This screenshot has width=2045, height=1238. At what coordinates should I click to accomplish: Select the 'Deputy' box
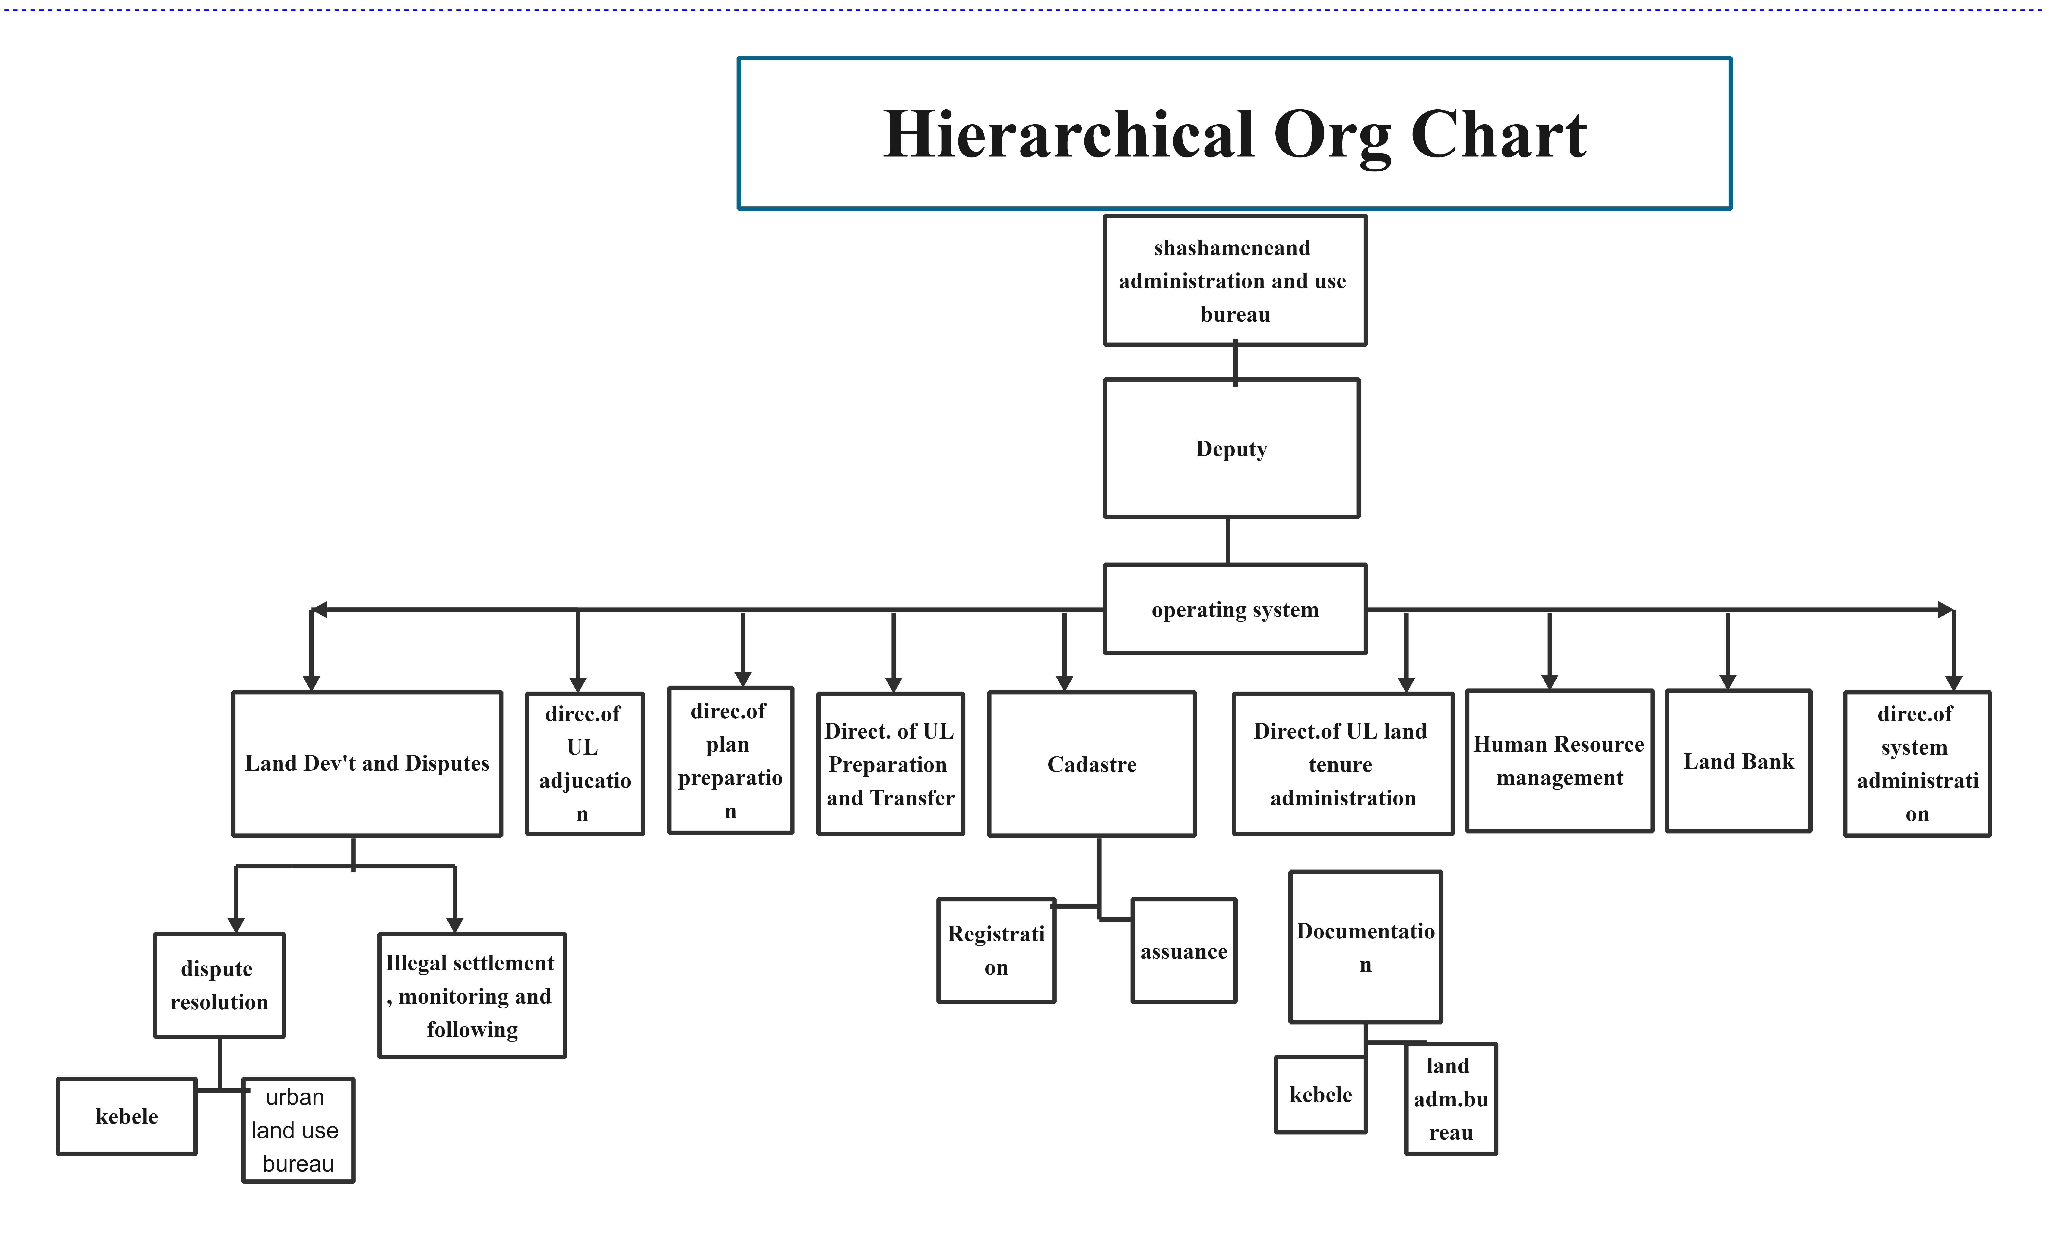pyautogui.click(x=1232, y=448)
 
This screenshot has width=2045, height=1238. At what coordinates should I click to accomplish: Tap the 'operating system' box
pyautogui.click(x=1235, y=609)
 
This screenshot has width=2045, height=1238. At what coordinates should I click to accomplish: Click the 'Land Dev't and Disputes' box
pyautogui.click(x=367, y=763)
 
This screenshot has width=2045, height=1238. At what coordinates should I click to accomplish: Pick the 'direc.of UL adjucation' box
pyautogui.click(x=585, y=763)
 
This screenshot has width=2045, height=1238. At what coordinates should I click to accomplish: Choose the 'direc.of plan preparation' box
pyautogui.click(x=730, y=760)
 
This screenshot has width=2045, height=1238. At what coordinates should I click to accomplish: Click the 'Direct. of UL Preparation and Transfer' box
pyautogui.click(x=891, y=763)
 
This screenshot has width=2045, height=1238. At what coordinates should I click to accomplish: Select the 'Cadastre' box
pyautogui.click(x=1092, y=763)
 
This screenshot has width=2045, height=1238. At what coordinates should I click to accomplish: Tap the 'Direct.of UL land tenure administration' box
pyautogui.click(x=1343, y=763)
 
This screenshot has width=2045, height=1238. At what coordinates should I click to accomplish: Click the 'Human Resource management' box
pyautogui.click(x=1560, y=760)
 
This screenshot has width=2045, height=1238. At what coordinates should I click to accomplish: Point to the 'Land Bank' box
pyautogui.click(x=1739, y=760)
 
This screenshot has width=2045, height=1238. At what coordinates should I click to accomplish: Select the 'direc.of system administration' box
pyautogui.click(x=1917, y=763)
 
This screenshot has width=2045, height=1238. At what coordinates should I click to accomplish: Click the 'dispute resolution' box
pyautogui.click(x=219, y=985)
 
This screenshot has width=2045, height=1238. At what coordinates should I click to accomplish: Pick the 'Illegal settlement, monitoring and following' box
pyautogui.click(x=472, y=995)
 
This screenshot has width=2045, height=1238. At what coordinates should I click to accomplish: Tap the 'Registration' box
pyautogui.click(x=996, y=950)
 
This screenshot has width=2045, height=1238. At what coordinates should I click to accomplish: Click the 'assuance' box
pyautogui.click(x=1183, y=950)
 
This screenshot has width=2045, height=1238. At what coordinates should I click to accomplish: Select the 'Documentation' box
pyautogui.click(x=1365, y=947)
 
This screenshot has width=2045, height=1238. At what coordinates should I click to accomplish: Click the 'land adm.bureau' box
pyautogui.click(x=1451, y=1099)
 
